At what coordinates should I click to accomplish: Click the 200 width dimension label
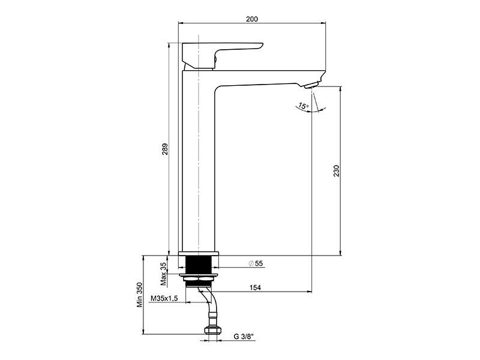click(252, 19)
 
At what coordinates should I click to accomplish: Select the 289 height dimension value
click(165, 149)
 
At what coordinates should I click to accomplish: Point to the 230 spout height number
click(337, 171)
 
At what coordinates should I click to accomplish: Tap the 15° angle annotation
click(304, 106)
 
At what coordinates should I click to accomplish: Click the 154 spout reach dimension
click(255, 287)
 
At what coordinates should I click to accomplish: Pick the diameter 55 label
click(256, 263)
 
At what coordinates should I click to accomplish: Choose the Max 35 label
click(164, 274)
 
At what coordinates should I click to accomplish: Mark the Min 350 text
click(140, 295)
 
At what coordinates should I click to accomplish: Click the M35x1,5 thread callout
click(164, 298)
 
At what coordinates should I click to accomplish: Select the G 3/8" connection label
click(244, 337)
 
